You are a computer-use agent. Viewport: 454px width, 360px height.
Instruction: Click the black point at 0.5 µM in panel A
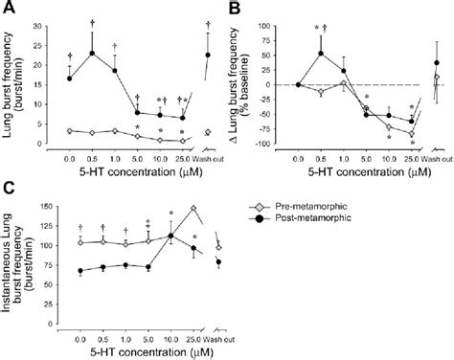(92, 54)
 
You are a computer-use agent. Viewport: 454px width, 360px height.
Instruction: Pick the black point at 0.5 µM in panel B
(321, 54)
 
